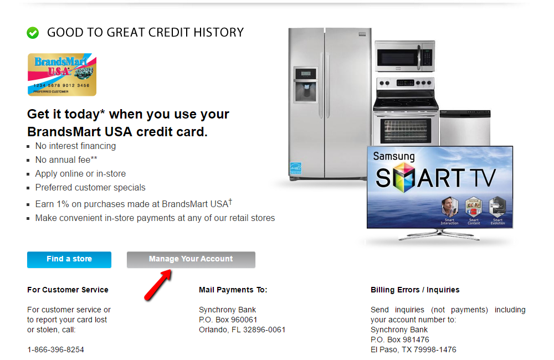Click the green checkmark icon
coord(33,33)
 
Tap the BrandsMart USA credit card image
coord(61,74)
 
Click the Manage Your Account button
coord(191,259)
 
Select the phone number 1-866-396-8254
coord(55,349)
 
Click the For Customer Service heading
coord(68,290)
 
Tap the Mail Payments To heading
coord(233,290)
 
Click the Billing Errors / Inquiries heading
coord(415,290)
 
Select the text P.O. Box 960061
coord(228,320)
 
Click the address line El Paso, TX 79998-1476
coord(413,349)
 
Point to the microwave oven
coord(404,56)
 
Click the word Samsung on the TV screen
coord(393,156)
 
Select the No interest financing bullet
coord(75,146)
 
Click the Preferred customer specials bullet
coord(90,188)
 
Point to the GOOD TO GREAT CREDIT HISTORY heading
coord(145,33)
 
